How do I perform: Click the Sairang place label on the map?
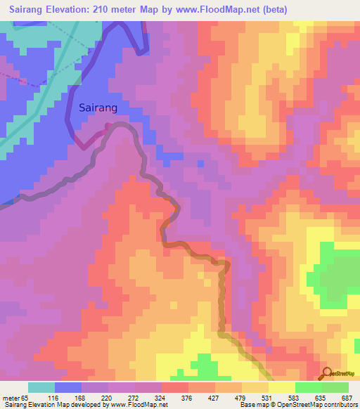pos(98,108)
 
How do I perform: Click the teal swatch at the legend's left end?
pos(41,387)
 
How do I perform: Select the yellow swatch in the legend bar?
pos(281,387)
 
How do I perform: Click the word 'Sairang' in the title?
pos(22,9)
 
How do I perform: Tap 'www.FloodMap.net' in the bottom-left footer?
pos(138,405)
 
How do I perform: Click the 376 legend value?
pos(188,398)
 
